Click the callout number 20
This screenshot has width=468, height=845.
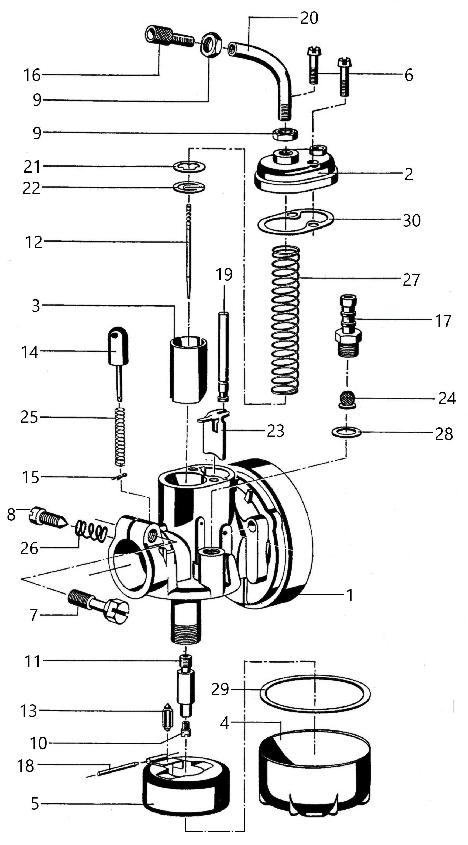309,18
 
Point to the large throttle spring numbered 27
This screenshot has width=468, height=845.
285,320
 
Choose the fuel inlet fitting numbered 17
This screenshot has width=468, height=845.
348,326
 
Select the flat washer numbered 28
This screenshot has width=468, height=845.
347,433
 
